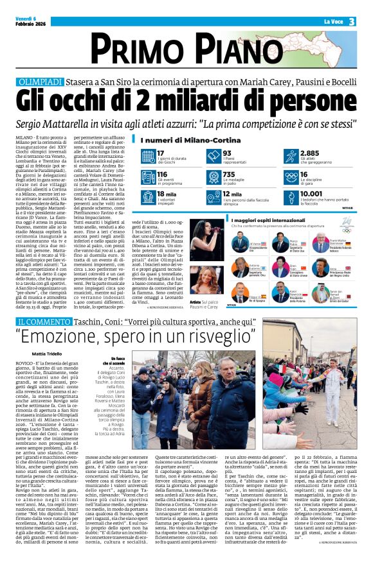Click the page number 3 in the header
tap(352, 21)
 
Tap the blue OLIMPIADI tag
tap(40, 83)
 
